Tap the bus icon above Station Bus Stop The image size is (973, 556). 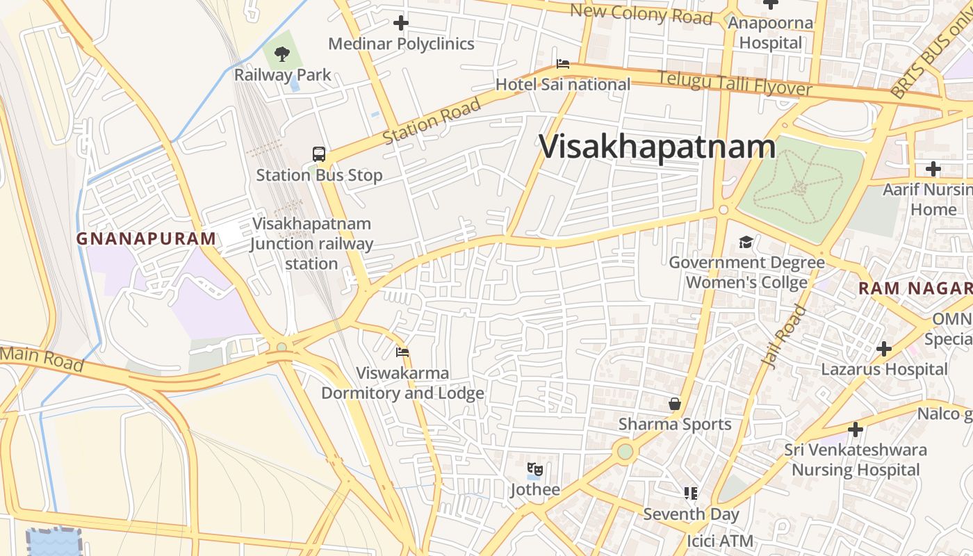pos(319,154)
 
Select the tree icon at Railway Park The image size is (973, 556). pos(281,54)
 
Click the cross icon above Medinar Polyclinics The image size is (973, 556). pos(401,23)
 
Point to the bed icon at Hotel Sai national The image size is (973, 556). pos(563,65)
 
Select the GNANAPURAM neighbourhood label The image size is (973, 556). pos(146,239)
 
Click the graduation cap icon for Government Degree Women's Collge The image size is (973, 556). pos(746,242)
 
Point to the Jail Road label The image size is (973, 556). pos(784,336)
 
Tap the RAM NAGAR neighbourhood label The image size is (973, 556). pos(915,288)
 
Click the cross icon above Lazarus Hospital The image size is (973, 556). pos(884,348)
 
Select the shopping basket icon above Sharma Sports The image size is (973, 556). pos(674,404)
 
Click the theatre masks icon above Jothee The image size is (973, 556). pos(534,469)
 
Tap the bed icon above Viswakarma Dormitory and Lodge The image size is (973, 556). pos(402,352)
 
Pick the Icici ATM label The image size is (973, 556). pos(720,541)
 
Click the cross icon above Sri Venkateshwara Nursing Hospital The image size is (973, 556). pos(856,430)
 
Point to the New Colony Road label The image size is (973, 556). pos(641,13)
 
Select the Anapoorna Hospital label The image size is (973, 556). pos(770,33)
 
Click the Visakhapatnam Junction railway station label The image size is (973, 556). pos(311,244)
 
